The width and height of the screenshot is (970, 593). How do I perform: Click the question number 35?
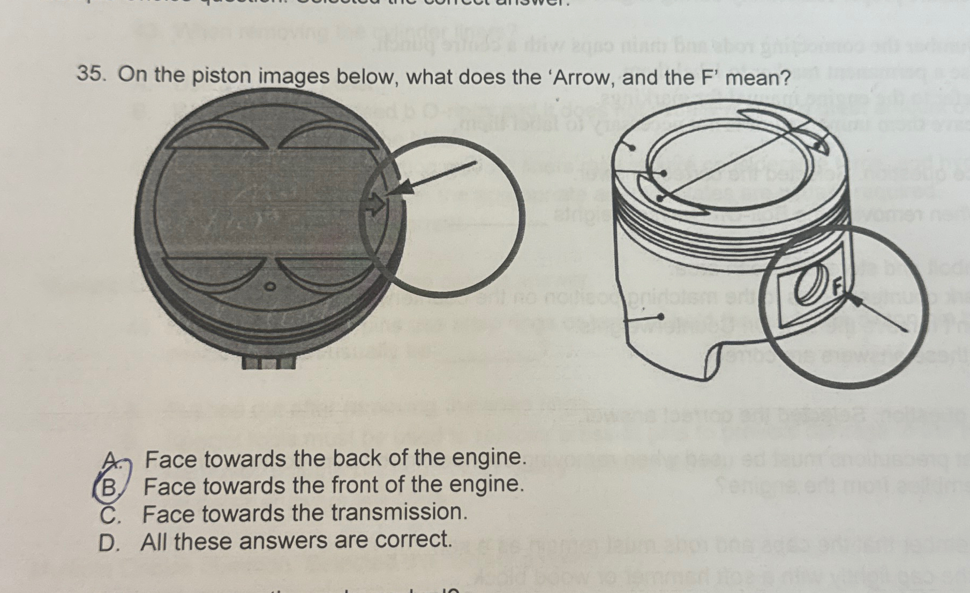[x=92, y=74]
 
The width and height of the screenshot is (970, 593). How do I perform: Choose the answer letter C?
[x=109, y=514]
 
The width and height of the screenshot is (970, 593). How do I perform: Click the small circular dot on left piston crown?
[x=272, y=288]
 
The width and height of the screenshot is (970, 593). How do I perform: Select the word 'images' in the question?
[x=301, y=78]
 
